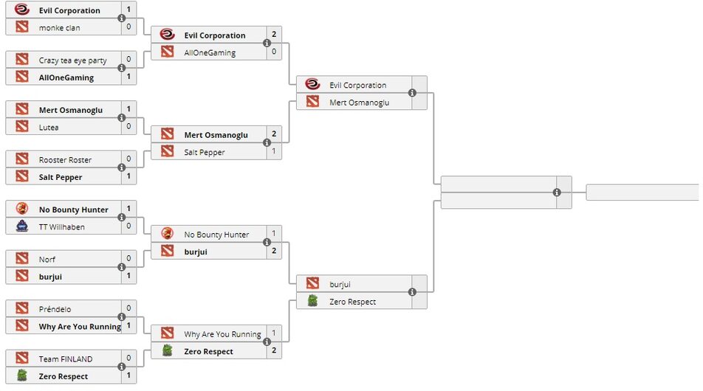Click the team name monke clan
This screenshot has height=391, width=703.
click(x=60, y=27)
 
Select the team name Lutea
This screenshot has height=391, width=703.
click(x=49, y=127)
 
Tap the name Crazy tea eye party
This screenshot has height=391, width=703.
click(x=73, y=60)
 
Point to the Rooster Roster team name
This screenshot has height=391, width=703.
click(x=66, y=159)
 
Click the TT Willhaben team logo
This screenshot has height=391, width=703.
click(x=21, y=226)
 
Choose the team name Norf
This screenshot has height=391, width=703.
click(x=47, y=259)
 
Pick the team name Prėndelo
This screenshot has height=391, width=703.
click(x=55, y=309)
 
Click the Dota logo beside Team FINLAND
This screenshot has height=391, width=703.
click(x=21, y=359)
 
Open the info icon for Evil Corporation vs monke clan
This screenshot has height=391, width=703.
click(x=121, y=18)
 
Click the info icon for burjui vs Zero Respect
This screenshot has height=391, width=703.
click(x=412, y=292)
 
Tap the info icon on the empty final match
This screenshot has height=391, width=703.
click(x=557, y=193)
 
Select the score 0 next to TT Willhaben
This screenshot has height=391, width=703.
click(x=128, y=226)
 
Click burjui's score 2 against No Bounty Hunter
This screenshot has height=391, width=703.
click(x=274, y=252)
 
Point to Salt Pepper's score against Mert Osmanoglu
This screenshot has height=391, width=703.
click(x=274, y=152)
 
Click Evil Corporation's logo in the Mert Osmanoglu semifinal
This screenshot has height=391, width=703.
click(x=312, y=85)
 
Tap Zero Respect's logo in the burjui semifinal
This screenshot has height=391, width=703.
click(x=312, y=301)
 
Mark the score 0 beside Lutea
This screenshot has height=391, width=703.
click(x=128, y=127)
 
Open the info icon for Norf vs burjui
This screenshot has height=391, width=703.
click(x=121, y=267)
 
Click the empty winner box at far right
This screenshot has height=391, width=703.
click(x=642, y=193)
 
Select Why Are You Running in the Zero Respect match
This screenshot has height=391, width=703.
click(x=222, y=334)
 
